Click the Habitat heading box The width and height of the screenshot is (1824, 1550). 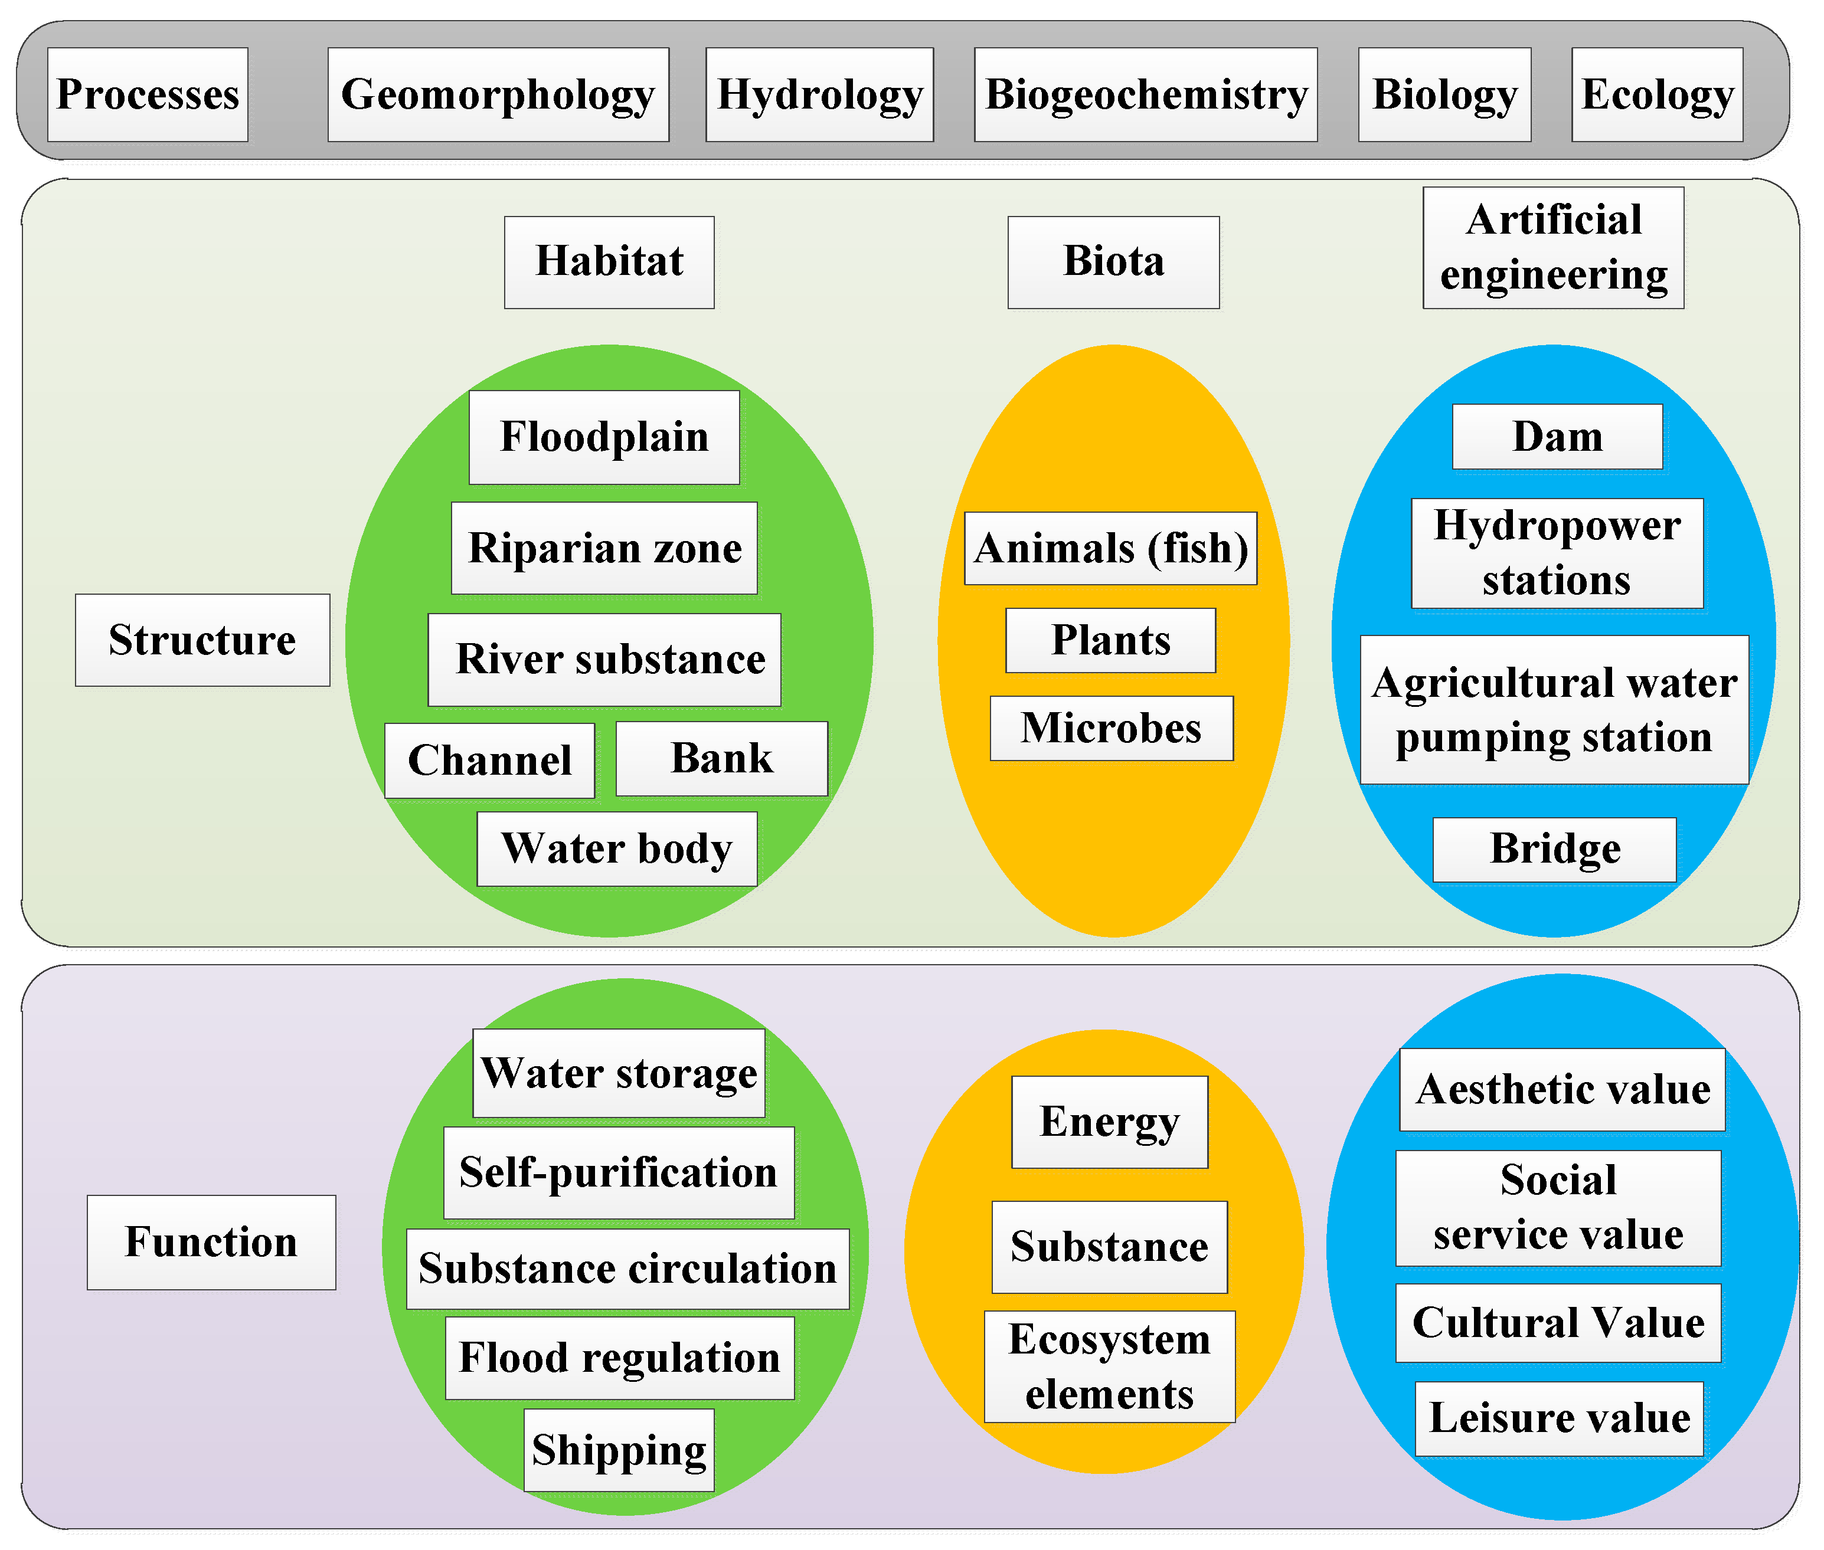609,263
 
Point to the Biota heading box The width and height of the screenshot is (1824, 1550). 1114,263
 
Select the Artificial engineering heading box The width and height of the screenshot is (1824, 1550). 1553,248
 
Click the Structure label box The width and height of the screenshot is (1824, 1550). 203,640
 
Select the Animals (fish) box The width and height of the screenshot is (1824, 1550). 1111,548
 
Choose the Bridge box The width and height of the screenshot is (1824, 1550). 1555,850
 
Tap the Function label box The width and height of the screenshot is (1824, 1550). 212,1243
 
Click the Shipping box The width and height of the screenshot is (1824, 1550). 619,1450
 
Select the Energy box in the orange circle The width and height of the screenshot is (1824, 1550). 1110,1122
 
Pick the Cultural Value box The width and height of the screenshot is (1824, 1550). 1558,1323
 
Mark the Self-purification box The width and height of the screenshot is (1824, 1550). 619,1173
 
